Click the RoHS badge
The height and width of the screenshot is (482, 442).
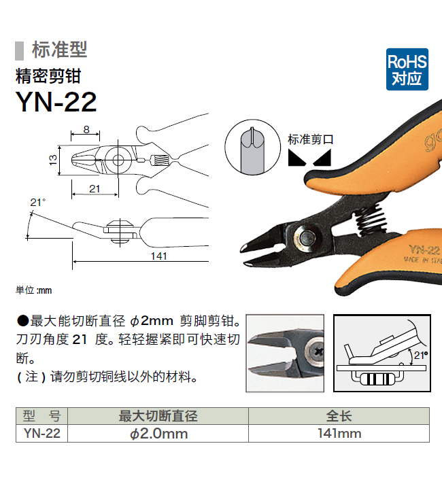click(407, 69)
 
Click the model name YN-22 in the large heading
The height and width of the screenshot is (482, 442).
click(56, 102)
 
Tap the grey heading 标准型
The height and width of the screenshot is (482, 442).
click(60, 50)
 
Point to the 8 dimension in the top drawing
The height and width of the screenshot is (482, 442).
click(86, 129)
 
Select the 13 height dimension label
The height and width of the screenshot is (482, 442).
click(53, 160)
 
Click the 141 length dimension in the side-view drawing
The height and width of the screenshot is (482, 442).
click(158, 256)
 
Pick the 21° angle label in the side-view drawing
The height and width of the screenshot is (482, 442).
click(38, 203)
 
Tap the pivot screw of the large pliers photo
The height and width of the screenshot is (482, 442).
click(306, 237)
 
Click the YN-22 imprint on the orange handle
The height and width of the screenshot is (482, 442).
click(424, 250)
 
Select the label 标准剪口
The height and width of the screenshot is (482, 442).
click(311, 139)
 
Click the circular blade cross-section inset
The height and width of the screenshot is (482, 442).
click(252, 148)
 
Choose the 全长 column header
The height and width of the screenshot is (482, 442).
click(339, 416)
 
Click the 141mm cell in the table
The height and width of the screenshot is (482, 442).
click(339, 434)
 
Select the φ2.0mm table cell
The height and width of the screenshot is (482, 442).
click(158, 434)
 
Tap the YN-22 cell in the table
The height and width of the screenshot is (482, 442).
click(42, 434)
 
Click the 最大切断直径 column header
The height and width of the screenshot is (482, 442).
click(158, 416)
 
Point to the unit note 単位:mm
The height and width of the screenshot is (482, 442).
click(34, 290)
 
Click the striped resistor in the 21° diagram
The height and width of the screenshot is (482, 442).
click(377, 379)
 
